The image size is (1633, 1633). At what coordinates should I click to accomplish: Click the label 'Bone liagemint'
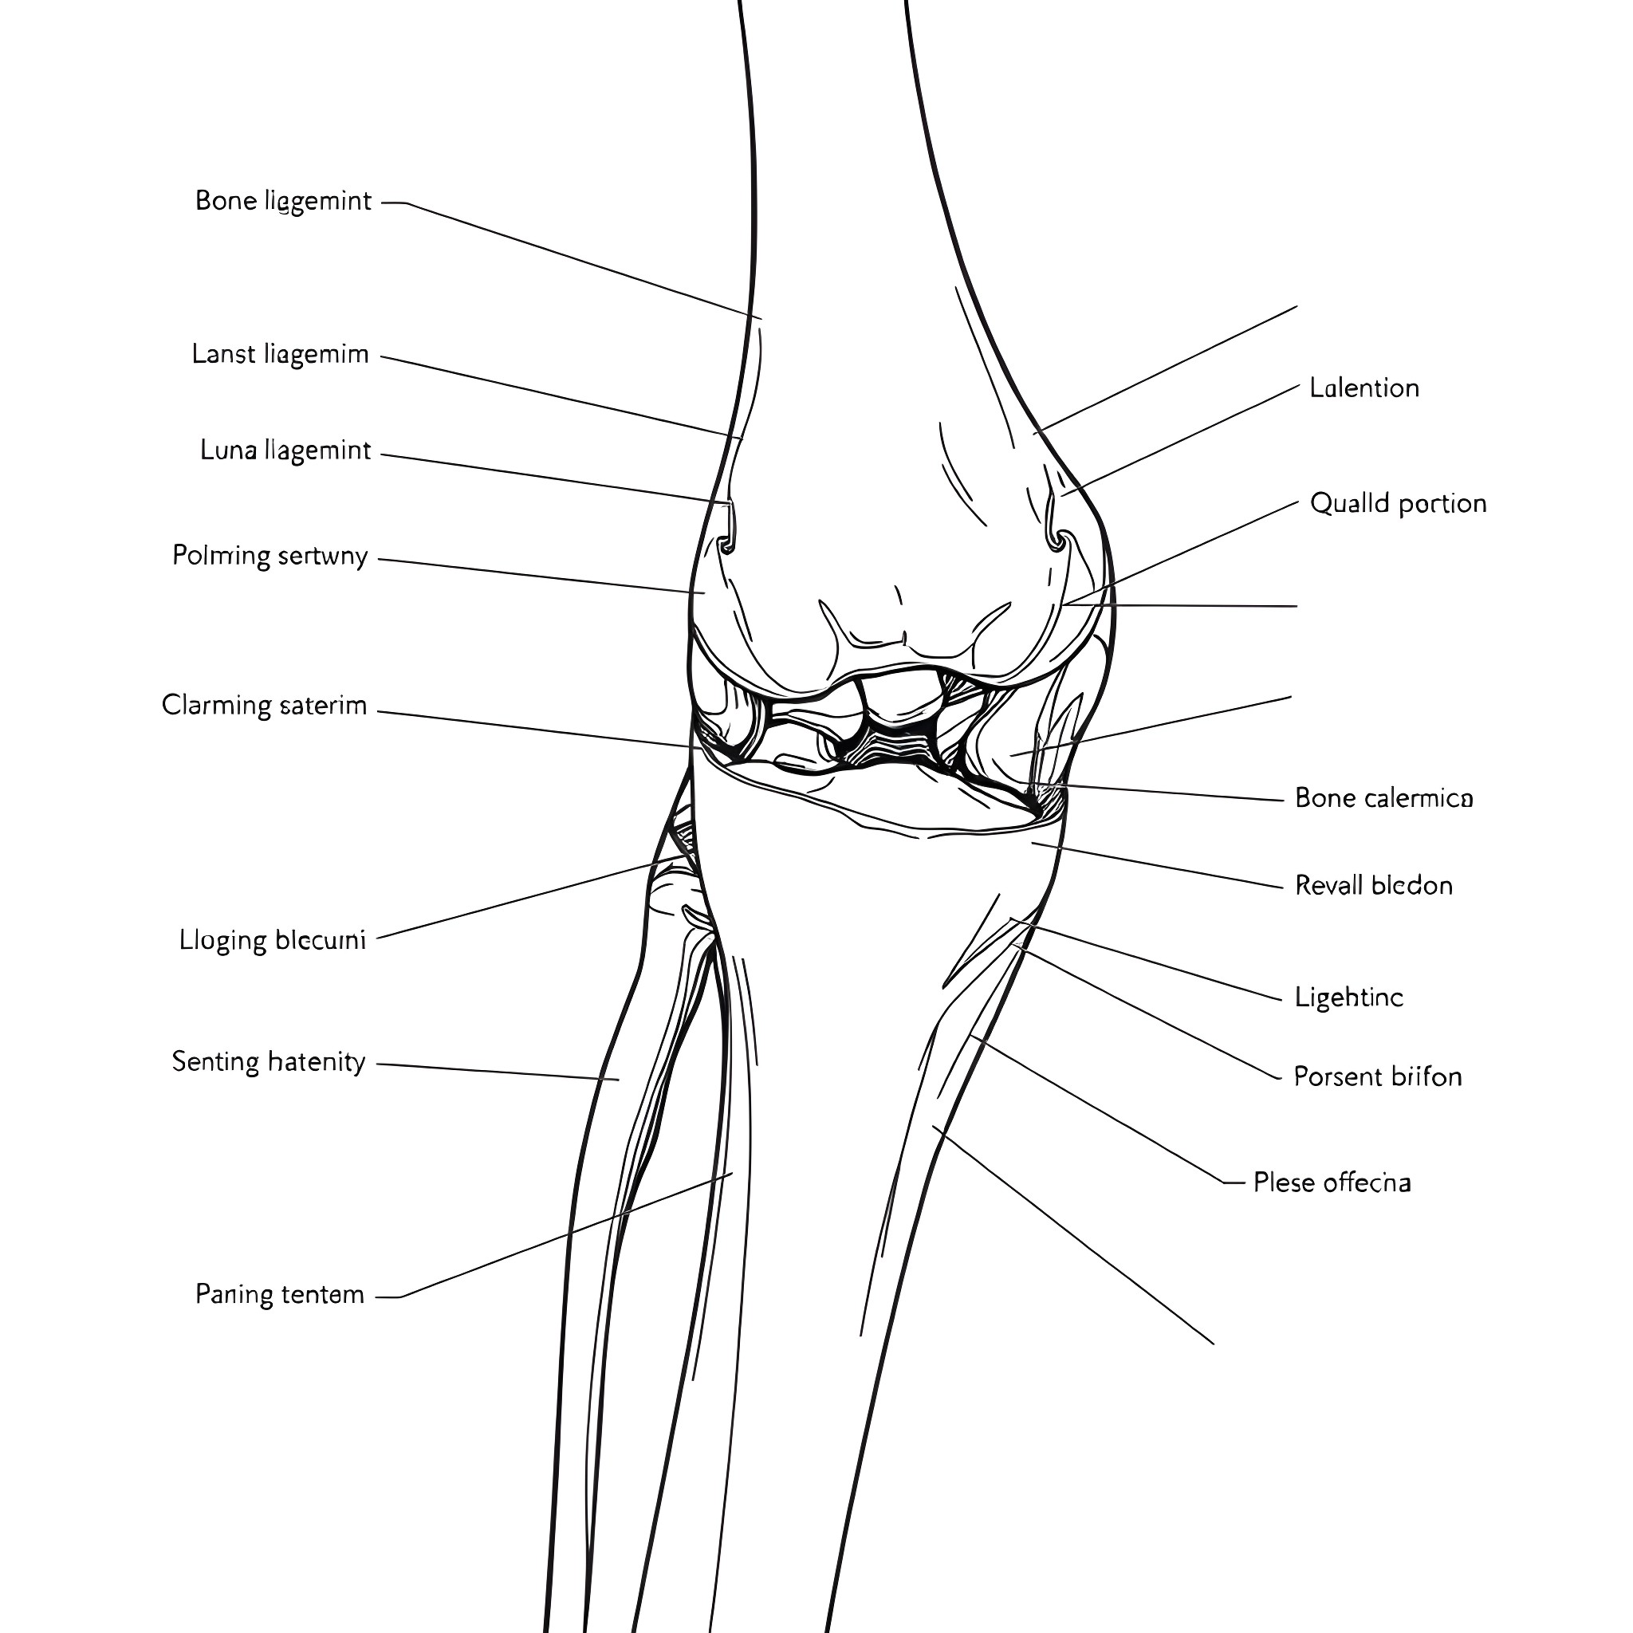(283, 201)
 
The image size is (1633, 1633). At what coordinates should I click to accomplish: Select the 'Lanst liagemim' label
(280, 354)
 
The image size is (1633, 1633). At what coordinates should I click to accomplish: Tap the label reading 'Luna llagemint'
(285, 451)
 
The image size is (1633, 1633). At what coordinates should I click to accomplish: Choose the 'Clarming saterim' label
(264, 705)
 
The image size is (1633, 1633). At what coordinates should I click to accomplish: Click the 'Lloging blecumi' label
(272, 940)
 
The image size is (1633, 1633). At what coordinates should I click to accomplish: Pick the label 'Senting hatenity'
(268, 1061)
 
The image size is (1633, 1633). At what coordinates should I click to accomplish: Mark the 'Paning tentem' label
(279, 1294)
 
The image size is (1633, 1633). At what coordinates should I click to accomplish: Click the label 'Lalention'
(1363, 388)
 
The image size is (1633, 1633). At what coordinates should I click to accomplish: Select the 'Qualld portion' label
(1397, 504)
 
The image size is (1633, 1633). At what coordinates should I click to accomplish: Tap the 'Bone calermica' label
(1383, 798)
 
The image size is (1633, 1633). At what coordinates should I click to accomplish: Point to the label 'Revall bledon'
(1374, 885)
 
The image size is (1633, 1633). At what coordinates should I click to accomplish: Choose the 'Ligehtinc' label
(1348, 998)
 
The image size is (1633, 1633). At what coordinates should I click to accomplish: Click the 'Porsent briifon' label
(1377, 1076)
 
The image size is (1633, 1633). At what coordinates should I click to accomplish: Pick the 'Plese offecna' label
(1332, 1182)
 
